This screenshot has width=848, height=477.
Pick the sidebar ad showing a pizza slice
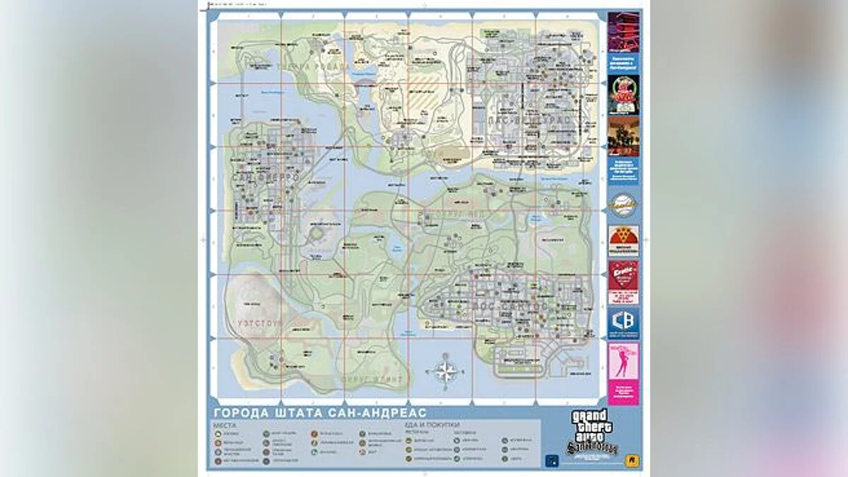(x=623, y=240)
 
